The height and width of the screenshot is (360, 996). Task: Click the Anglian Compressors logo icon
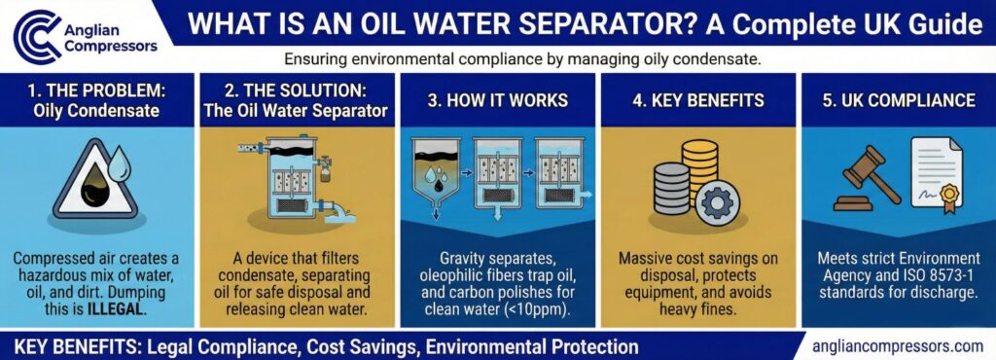coord(35,36)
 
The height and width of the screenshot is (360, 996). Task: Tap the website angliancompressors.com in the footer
coord(896,345)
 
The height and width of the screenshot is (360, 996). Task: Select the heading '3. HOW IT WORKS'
coord(498,100)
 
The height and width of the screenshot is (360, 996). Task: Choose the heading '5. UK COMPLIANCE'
coord(895,100)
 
